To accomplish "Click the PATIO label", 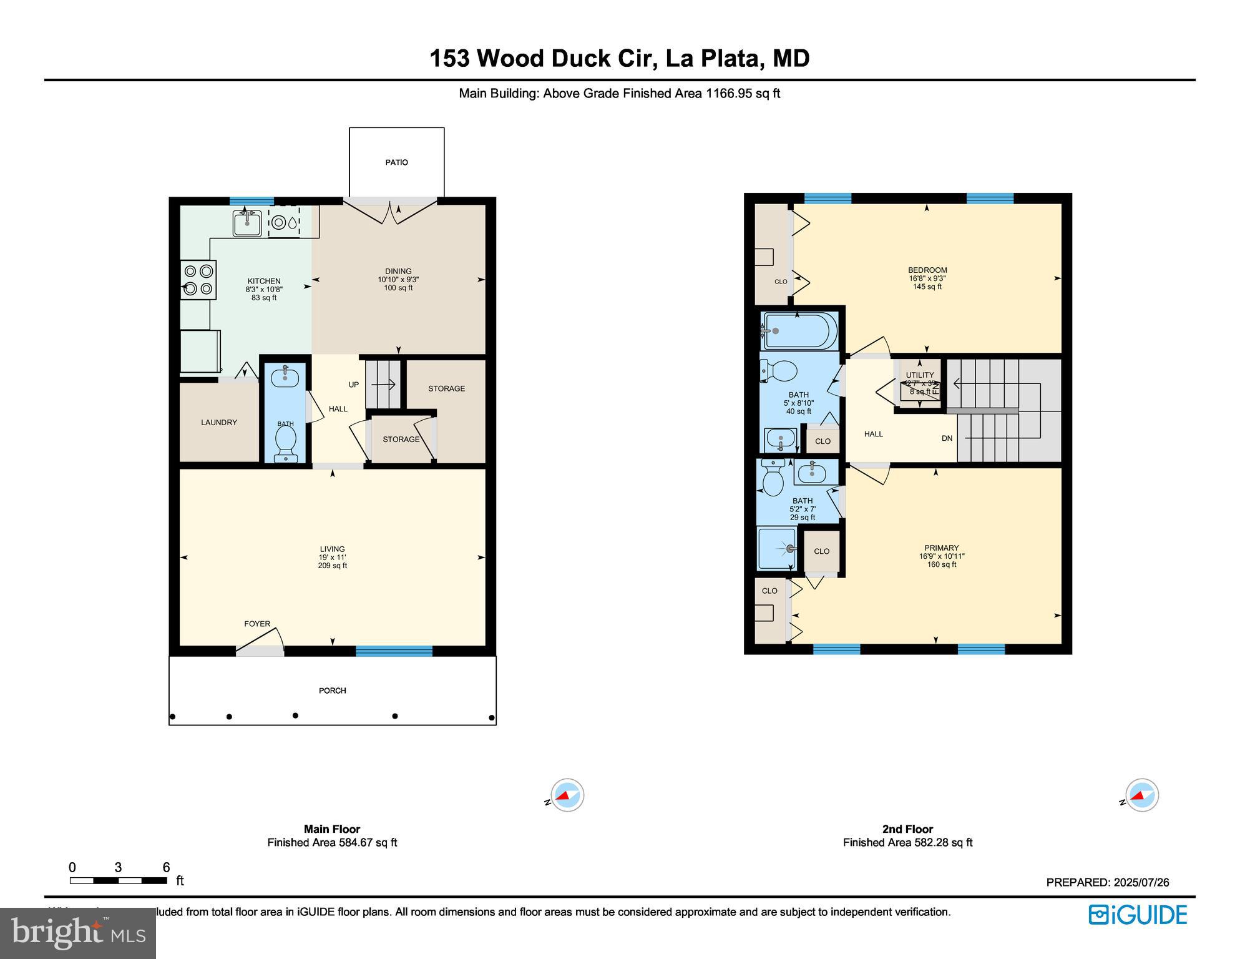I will (396, 162).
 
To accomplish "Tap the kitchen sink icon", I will (247, 223).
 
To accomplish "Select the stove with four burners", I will (198, 280).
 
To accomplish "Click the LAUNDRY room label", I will (218, 423).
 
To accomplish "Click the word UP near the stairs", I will (354, 385).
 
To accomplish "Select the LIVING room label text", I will (332, 549).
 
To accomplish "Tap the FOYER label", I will (257, 624).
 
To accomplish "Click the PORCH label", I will (332, 691).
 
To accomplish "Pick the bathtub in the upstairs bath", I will (799, 330).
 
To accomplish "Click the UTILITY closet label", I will (920, 375).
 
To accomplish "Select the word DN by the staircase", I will (947, 438).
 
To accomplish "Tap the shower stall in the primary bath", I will (777, 549).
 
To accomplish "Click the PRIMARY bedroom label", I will (941, 548).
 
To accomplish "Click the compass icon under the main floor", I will (567, 795).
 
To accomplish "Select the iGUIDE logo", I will (1138, 915).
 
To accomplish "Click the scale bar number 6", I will (166, 867).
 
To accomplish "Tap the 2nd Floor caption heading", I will (907, 829).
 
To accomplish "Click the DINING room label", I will (398, 272).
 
